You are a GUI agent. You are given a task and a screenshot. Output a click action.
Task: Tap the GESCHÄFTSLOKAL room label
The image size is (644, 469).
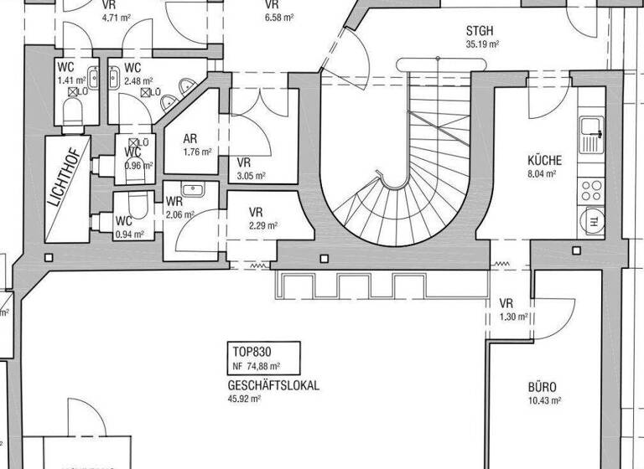tap(273, 386)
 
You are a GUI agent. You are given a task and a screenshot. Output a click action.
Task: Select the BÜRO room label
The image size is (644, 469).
tap(542, 388)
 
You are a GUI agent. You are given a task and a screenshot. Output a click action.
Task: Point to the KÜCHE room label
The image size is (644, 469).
tap(544, 161)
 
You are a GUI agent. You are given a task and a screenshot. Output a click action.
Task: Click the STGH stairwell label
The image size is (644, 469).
tap(481, 32)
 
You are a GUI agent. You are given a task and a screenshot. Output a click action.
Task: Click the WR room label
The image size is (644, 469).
tap(174, 202)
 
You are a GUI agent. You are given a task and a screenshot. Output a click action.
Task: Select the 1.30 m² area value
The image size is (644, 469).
tap(512, 317)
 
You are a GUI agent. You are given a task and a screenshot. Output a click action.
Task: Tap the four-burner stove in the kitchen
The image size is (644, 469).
tap(591, 184)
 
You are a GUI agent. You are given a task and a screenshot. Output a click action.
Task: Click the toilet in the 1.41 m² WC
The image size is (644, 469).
tap(72, 114)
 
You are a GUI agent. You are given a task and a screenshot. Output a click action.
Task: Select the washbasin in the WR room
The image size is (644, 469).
tap(193, 189)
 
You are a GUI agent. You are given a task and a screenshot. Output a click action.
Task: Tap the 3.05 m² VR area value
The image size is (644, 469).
tap(251, 176)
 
